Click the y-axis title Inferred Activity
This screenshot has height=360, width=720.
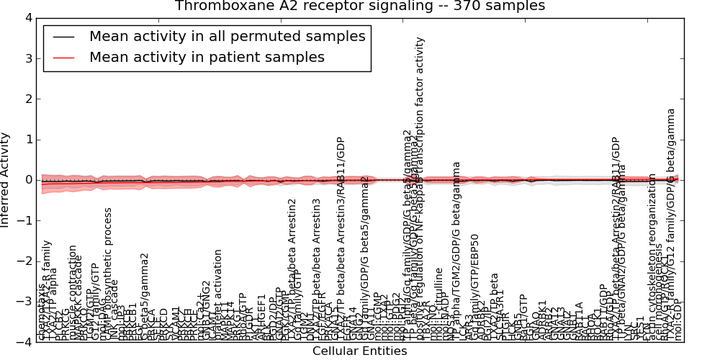[x=6, y=179]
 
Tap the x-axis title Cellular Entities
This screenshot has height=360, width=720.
[x=359, y=351]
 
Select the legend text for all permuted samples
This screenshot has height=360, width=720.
[x=227, y=37]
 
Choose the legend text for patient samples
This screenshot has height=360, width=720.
[x=207, y=58]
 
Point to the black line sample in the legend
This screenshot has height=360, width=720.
[x=63, y=37]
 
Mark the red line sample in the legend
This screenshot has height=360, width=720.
[x=63, y=58]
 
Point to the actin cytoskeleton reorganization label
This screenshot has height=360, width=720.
[x=652, y=259]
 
